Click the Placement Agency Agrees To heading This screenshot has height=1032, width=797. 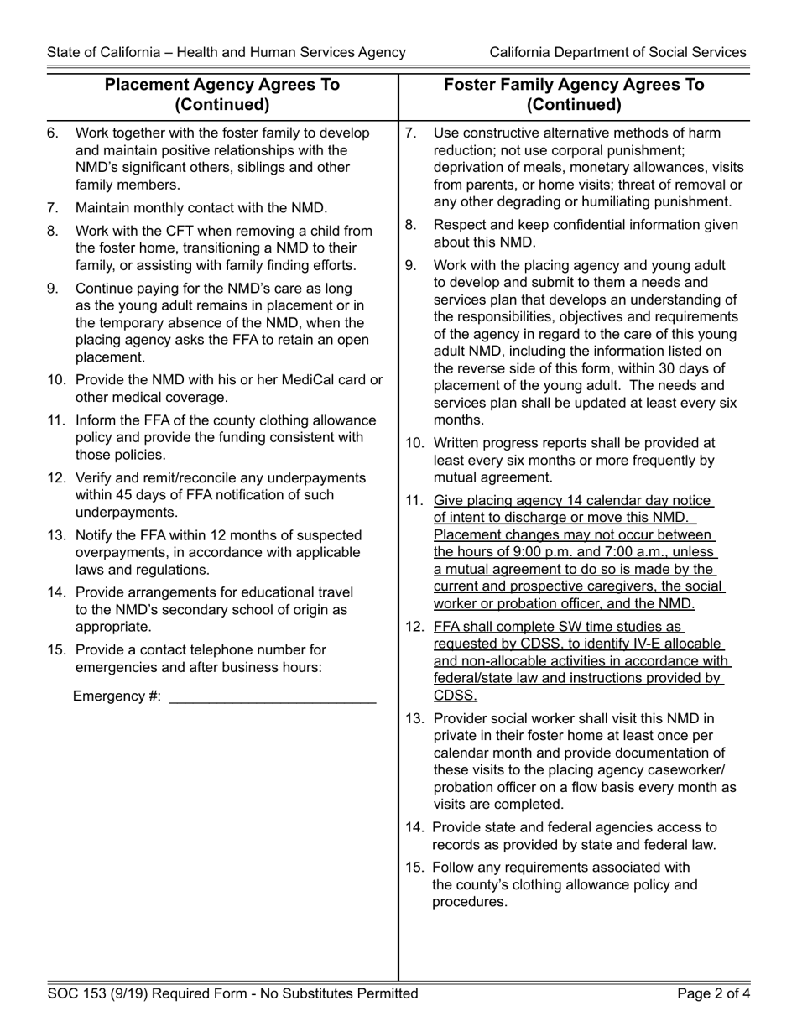(221, 85)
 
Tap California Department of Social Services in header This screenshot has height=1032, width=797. (617, 52)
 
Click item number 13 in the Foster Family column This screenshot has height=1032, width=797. (415, 718)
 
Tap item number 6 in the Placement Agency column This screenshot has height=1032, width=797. (52, 133)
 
